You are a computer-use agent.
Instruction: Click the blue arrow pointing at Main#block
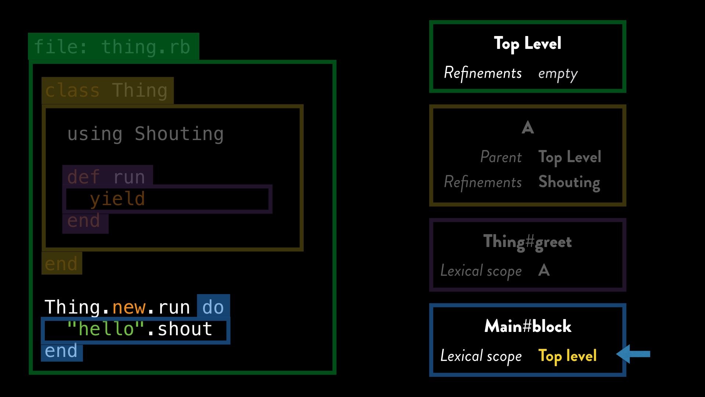pyautogui.click(x=633, y=354)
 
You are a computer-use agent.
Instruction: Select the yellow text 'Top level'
pyautogui.click(x=567, y=356)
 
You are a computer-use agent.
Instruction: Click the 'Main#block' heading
pyautogui.click(x=528, y=326)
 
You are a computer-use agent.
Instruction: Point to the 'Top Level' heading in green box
pyautogui.click(x=527, y=44)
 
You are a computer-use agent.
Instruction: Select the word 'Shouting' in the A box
pyautogui.click(x=569, y=182)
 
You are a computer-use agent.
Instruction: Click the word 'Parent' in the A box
pyautogui.click(x=501, y=157)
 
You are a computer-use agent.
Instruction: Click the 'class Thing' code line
pyautogui.click(x=106, y=90)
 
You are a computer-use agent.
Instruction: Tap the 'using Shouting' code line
pyautogui.click(x=145, y=134)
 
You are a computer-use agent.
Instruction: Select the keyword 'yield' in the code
pyautogui.click(x=117, y=199)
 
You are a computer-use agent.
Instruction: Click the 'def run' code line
pyautogui.click(x=106, y=177)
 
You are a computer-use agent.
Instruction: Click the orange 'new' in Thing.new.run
pyautogui.click(x=129, y=307)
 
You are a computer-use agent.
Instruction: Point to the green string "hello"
pyautogui.click(x=106, y=329)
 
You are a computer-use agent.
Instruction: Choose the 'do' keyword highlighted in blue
pyautogui.click(x=213, y=307)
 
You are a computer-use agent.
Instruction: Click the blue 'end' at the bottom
pyautogui.click(x=61, y=351)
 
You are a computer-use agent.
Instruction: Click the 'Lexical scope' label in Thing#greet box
pyautogui.click(x=481, y=271)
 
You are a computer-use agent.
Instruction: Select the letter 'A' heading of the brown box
pyautogui.click(x=528, y=128)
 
